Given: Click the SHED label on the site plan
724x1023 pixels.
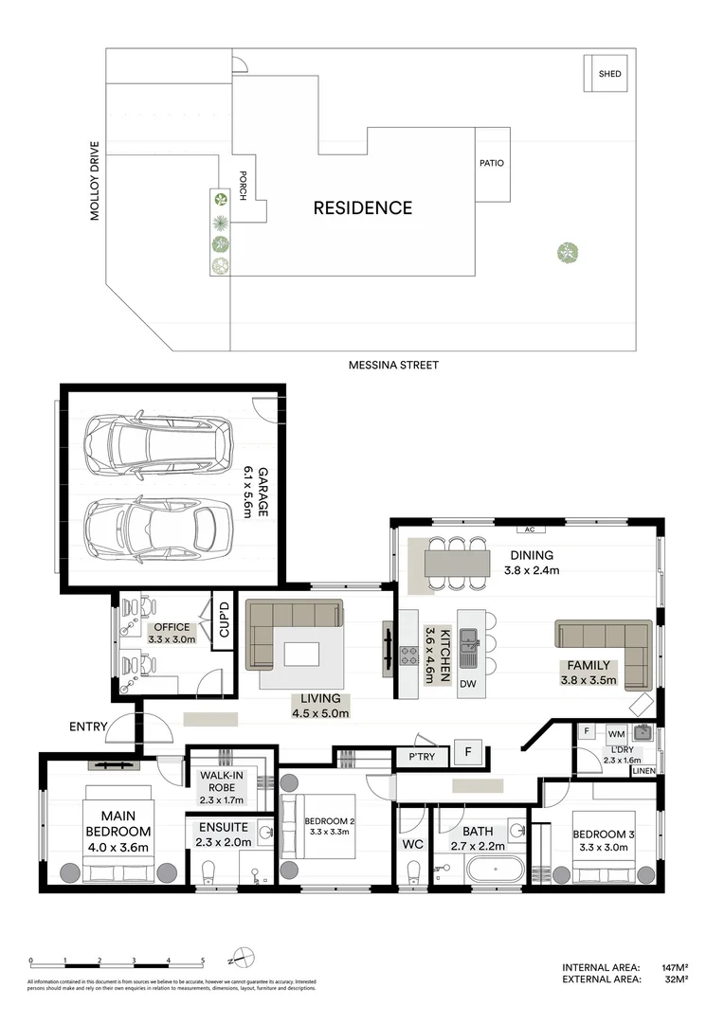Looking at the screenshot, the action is [x=609, y=74].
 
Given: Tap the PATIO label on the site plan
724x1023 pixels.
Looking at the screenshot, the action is [x=492, y=163].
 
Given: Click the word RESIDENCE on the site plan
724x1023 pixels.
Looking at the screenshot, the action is [x=363, y=207].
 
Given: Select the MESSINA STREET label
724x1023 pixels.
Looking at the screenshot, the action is [x=393, y=365].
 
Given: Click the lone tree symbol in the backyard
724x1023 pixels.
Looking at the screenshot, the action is [x=567, y=252].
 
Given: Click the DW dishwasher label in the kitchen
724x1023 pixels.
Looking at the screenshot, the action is [x=467, y=684].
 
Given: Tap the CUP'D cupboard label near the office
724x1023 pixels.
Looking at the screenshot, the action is [x=225, y=621].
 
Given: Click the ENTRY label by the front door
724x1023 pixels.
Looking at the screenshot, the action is [x=88, y=727].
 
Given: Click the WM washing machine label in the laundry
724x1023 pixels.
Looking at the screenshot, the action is [x=615, y=733].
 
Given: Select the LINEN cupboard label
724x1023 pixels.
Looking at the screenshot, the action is [x=643, y=771].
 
